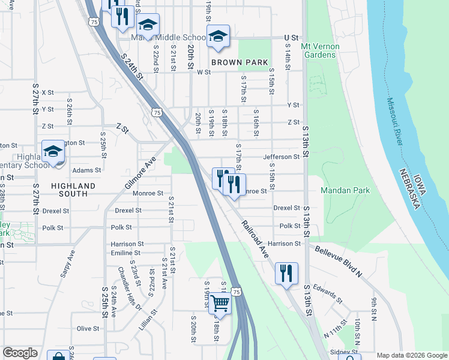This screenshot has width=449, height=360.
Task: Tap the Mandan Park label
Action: (x=345, y=190)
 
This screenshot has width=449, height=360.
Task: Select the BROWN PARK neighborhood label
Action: (x=239, y=62)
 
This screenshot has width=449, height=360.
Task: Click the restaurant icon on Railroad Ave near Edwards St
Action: (x=286, y=273)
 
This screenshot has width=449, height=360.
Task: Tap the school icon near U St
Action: (x=218, y=36)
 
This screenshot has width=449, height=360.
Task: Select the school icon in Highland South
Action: (x=53, y=151)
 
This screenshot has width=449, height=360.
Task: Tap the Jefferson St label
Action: (x=281, y=157)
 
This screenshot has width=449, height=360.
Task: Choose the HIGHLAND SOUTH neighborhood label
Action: (x=73, y=190)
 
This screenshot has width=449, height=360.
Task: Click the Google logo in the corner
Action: (x=20, y=353)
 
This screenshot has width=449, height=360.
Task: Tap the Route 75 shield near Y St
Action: (x=156, y=112)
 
